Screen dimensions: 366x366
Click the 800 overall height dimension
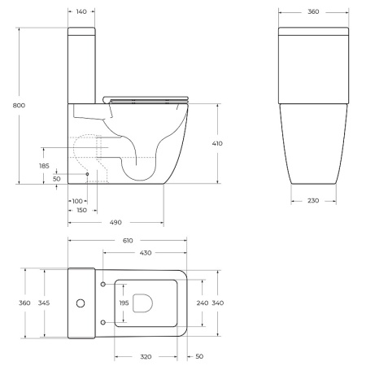point(9,106)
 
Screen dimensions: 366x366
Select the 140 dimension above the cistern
point(82,13)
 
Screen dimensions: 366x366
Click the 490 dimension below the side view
point(115,221)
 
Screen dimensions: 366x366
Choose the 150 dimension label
point(81,210)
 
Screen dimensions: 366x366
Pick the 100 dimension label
point(78,200)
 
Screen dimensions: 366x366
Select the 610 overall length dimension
point(127,241)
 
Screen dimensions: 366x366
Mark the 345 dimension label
point(45,303)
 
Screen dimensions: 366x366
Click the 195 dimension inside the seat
point(124,303)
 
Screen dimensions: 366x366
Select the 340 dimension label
point(217,303)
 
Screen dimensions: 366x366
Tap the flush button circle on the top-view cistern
point(81,303)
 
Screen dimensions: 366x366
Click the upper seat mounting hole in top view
point(102,285)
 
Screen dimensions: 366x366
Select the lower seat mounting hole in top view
point(102,322)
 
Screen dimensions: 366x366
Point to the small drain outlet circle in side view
point(87,174)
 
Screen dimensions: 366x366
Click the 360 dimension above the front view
point(312,13)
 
